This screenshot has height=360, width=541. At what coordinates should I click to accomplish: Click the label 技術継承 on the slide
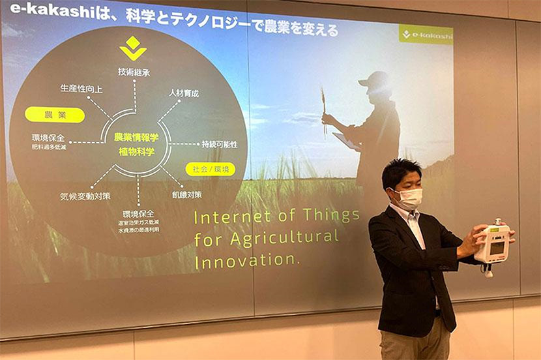[134, 72]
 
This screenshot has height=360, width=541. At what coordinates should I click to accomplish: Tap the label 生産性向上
[81, 88]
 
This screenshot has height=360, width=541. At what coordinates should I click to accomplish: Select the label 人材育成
[184, 93]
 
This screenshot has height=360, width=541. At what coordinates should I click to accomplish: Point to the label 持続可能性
[220, 144]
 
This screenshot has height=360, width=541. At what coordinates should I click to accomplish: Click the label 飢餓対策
[187, 194]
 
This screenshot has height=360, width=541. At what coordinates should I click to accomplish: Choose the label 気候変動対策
[85, 195]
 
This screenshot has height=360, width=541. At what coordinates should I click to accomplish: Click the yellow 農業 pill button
[55, 115]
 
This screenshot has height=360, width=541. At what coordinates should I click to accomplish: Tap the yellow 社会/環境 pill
[210, 169]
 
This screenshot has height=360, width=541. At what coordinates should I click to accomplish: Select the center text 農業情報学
[136, 138]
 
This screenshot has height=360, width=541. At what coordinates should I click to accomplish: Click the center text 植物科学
[136, 151]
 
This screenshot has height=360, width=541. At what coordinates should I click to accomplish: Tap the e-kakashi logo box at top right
[426, 34]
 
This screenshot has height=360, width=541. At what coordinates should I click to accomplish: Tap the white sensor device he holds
[493, 243]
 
